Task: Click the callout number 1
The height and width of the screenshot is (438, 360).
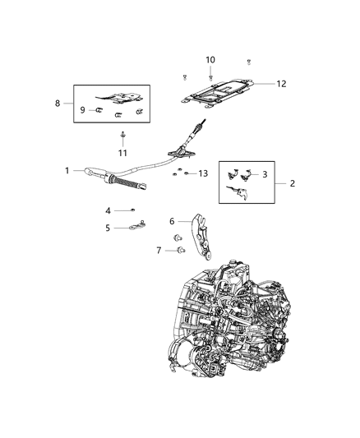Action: click(67, 170)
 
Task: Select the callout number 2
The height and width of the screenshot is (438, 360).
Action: click(292, 183)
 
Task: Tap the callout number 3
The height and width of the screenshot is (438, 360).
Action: click(265, 174)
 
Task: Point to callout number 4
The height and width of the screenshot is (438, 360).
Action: click(108, 211)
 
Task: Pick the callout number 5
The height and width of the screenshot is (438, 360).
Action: click(108, 228)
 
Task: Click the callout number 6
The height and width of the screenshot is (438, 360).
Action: click(172, 221)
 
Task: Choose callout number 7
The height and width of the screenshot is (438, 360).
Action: click(159, 251)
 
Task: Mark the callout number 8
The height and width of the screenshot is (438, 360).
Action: click(58, 104)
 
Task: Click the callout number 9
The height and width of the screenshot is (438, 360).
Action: click(82, 110)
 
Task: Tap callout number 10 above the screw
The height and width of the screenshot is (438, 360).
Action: click(210, 60)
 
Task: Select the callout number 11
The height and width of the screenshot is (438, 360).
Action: click(122, 153)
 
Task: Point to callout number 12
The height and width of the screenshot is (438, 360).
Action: click(281, 84)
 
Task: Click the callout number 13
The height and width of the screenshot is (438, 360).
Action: click(203, 173)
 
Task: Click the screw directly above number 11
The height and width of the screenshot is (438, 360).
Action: click(122, 135)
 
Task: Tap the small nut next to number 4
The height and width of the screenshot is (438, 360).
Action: click(133, 210)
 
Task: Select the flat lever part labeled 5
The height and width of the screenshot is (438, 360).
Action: click(137, 225)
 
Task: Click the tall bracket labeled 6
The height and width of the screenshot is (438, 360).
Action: click(201, 237)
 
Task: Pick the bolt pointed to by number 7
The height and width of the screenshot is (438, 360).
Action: click(181, 250)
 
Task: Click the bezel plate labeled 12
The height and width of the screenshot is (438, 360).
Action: click(218, 94)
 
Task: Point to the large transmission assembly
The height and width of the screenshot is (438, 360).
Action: click(228, 320)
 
